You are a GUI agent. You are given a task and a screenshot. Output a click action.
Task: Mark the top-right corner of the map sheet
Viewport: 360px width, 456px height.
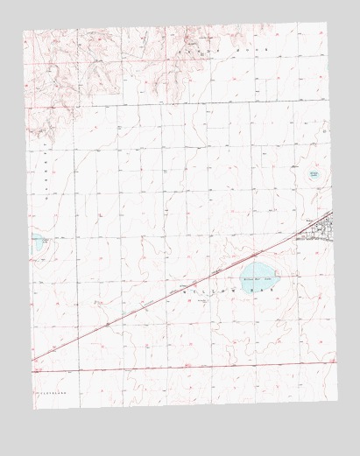[x=326, y=23]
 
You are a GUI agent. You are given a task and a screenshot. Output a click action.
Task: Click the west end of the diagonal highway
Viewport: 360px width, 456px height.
[x=32, y=359]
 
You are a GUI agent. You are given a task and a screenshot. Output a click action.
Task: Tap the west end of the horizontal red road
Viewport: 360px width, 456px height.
[x=32, y=371]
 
